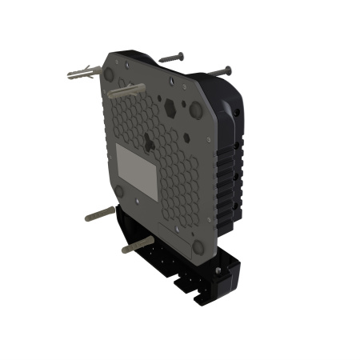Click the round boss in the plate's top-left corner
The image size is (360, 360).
click(x=108, y=72)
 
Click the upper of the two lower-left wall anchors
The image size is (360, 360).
click(x=98, y=214)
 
